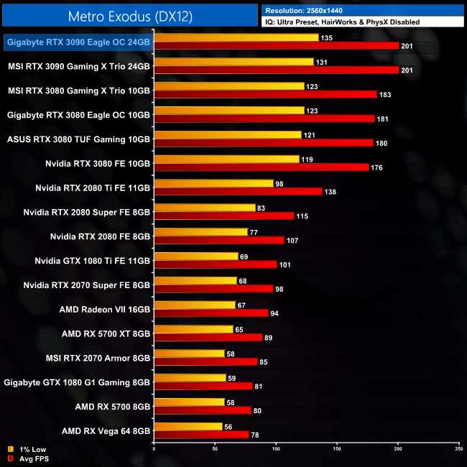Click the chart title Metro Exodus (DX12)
click(x=130, y=16)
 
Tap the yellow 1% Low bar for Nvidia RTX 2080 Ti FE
click(x=213, y=183)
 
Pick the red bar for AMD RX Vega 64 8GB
click(x=201, y=434)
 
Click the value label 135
click(x=325, y=37)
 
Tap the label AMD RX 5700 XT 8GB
click(x=106, y=333)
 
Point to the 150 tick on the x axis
click(x=337, y=449)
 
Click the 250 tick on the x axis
click(x=458, y=449)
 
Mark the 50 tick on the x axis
click(x=215, y=449)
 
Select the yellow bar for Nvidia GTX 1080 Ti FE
click(x=195, y=256)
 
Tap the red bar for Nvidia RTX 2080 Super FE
click(x=223, y=216)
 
